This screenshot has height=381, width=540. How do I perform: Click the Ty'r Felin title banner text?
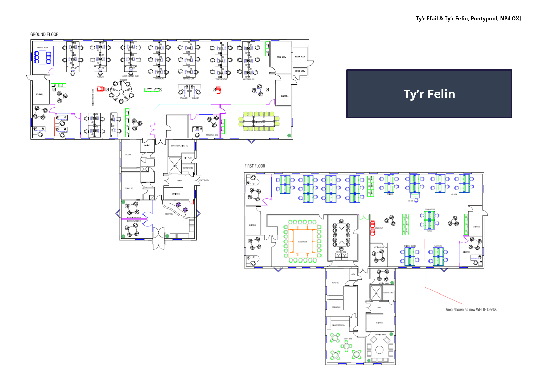point(429,94)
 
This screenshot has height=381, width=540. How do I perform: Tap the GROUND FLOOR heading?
point(44,34)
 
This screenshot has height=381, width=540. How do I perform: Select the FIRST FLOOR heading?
point(255,166)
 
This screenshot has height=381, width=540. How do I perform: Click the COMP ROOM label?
point(281,57)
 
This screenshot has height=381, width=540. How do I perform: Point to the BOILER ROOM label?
point(300,57)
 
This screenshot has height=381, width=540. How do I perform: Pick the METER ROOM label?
point(300,71)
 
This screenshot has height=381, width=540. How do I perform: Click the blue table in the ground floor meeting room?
point(42,57)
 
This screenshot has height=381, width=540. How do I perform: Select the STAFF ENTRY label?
point(204,180)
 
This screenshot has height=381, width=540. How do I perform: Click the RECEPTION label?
point(169,214)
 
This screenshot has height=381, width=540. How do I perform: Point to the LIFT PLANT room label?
point(188,158)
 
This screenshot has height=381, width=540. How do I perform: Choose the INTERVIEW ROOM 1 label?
point(134,218)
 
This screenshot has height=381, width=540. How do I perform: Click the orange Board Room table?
point(302,242)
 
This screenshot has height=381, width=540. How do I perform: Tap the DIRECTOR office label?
point(466,252)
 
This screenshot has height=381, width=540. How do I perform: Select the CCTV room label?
point(353,274)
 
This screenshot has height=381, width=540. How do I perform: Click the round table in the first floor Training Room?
point(379,350)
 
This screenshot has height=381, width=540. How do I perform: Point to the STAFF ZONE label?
point(348,339)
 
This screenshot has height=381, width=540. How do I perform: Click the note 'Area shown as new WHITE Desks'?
point(471,310)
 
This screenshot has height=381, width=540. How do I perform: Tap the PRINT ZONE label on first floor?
point(379,228)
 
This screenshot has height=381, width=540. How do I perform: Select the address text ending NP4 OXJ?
point(468,19)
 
